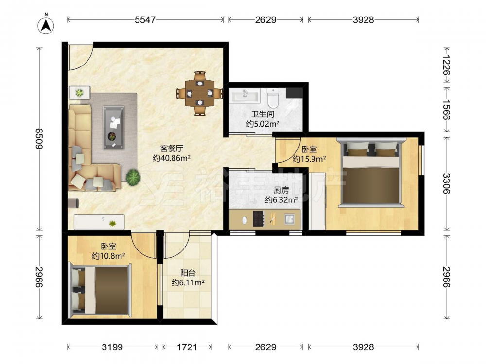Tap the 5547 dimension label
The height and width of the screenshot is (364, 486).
click(145, 20)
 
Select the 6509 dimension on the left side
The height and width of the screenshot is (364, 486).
click(39, 138)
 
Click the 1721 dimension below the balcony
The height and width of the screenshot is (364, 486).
click(187, 347)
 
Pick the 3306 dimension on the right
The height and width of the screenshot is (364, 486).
click(446, 183)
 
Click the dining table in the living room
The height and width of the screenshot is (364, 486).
click(200, 93)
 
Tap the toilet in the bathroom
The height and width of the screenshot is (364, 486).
click(273, 97)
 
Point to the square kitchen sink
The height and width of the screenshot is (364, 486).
click(290, 219)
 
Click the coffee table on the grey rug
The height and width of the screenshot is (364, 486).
click(114, 128)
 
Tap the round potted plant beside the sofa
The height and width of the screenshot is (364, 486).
click(133, 177)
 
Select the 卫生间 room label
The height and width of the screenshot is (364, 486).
click(262, 114)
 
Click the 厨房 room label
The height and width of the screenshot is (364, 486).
click(281, 190)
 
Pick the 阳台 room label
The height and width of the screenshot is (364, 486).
click(188, 273)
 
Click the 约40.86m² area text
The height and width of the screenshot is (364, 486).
click(172, 158)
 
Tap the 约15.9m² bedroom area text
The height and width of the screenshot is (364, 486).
click(309, 159)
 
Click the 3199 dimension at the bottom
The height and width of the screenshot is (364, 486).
click(112, 347)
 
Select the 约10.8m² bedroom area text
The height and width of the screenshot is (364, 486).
click(108, 256)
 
